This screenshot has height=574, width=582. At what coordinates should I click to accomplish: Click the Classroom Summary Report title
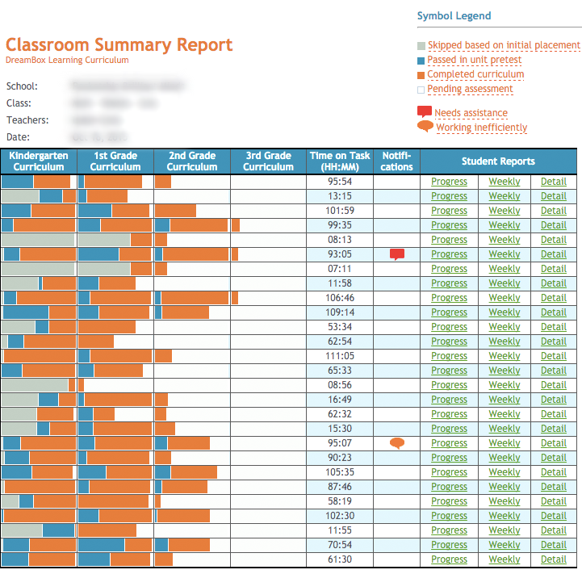[119, 45]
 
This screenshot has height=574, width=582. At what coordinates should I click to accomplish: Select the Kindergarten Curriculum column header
[39, 161]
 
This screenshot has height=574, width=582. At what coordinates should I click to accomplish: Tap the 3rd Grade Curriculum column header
[268, 161]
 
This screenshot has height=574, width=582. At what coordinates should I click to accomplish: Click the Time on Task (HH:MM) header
[340, 161]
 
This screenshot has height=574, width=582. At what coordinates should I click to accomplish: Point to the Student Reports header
[498, 161]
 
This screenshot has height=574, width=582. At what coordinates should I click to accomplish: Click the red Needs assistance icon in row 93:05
[397, 254]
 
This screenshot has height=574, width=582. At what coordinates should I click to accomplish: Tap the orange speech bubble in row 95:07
[397, 442]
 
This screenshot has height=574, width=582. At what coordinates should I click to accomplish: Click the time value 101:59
[340, 211]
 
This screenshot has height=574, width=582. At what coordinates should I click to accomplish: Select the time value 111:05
[340, 356]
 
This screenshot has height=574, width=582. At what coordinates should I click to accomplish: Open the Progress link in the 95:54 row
[449, 182]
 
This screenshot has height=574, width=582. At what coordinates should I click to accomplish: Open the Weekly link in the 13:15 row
[505, 196]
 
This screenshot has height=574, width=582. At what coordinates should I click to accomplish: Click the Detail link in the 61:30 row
[554, 559]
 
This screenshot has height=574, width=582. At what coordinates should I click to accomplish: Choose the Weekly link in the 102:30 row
[505, 516]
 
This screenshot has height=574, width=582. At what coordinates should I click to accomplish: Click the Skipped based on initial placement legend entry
[504, 45]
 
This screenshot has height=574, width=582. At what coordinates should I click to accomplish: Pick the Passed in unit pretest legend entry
[475, 60]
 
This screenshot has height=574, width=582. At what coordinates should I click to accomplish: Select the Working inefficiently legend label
[481, 128]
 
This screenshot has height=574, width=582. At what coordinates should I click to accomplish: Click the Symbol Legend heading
[454, 16]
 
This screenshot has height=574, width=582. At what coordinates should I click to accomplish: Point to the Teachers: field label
[27, 120]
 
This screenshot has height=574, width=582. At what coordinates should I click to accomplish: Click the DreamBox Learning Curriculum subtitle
[67, 61]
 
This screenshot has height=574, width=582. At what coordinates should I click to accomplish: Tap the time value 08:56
[340, 385]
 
